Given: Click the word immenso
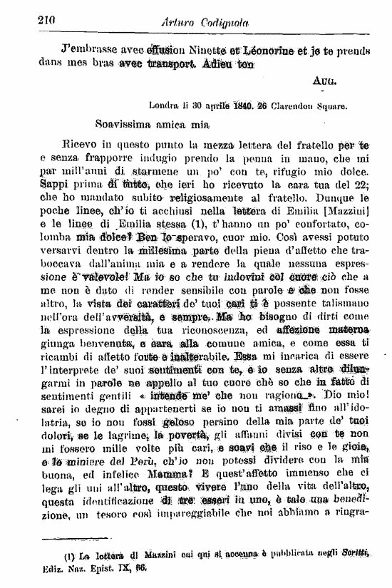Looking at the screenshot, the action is [294, 479].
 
